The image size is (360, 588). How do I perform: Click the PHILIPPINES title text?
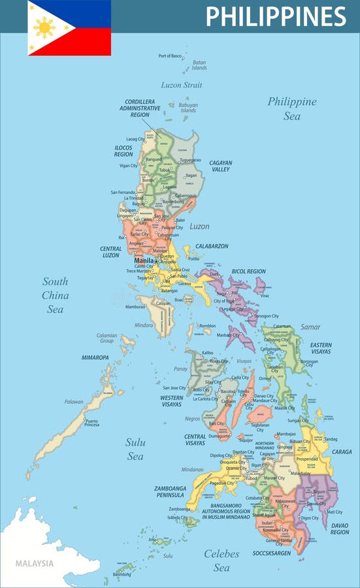276,16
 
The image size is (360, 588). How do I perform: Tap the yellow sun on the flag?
45,27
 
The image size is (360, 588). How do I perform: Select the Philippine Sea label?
291,108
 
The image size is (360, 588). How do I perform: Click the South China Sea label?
55,295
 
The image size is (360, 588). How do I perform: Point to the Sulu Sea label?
135,449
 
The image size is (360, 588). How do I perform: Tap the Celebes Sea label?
221,561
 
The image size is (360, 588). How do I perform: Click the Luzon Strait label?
181,85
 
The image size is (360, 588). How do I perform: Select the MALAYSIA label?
35,563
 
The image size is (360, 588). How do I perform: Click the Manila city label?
143,260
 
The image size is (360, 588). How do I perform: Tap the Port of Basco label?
170,56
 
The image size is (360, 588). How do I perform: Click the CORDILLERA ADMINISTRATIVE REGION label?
140,108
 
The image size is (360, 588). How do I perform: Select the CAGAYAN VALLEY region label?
220,166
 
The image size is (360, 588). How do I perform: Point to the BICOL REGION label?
248,271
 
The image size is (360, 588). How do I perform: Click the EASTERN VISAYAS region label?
321,348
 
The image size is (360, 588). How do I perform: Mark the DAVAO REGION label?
339,528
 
